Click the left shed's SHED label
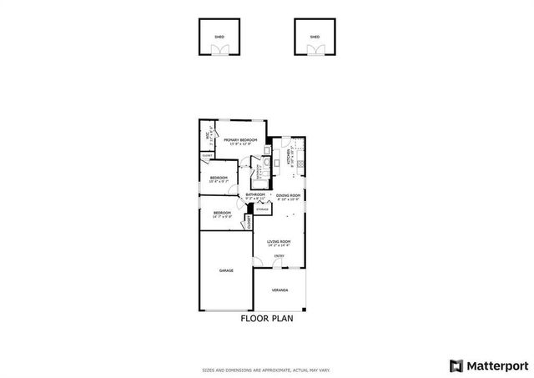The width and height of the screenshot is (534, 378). coord(219,38)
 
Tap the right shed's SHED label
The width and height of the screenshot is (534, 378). coord(315,38)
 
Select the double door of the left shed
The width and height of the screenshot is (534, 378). coord(219,51)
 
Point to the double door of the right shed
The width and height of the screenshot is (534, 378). coord(315,51)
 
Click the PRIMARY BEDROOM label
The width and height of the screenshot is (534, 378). coord(240,140)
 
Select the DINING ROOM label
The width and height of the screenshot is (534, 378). coord(288,195)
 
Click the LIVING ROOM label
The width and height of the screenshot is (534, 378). coord(279,241)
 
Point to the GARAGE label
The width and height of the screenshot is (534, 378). coord(226,271)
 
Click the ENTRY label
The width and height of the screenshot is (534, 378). coord(280,255)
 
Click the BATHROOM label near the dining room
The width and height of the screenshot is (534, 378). coord(254,194)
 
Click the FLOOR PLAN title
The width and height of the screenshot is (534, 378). coord(267,318)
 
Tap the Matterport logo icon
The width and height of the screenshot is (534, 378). coord(455,365)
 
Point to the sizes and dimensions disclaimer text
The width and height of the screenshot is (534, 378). coord(267,369)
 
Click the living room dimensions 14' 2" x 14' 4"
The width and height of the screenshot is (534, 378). coord(279,245)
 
